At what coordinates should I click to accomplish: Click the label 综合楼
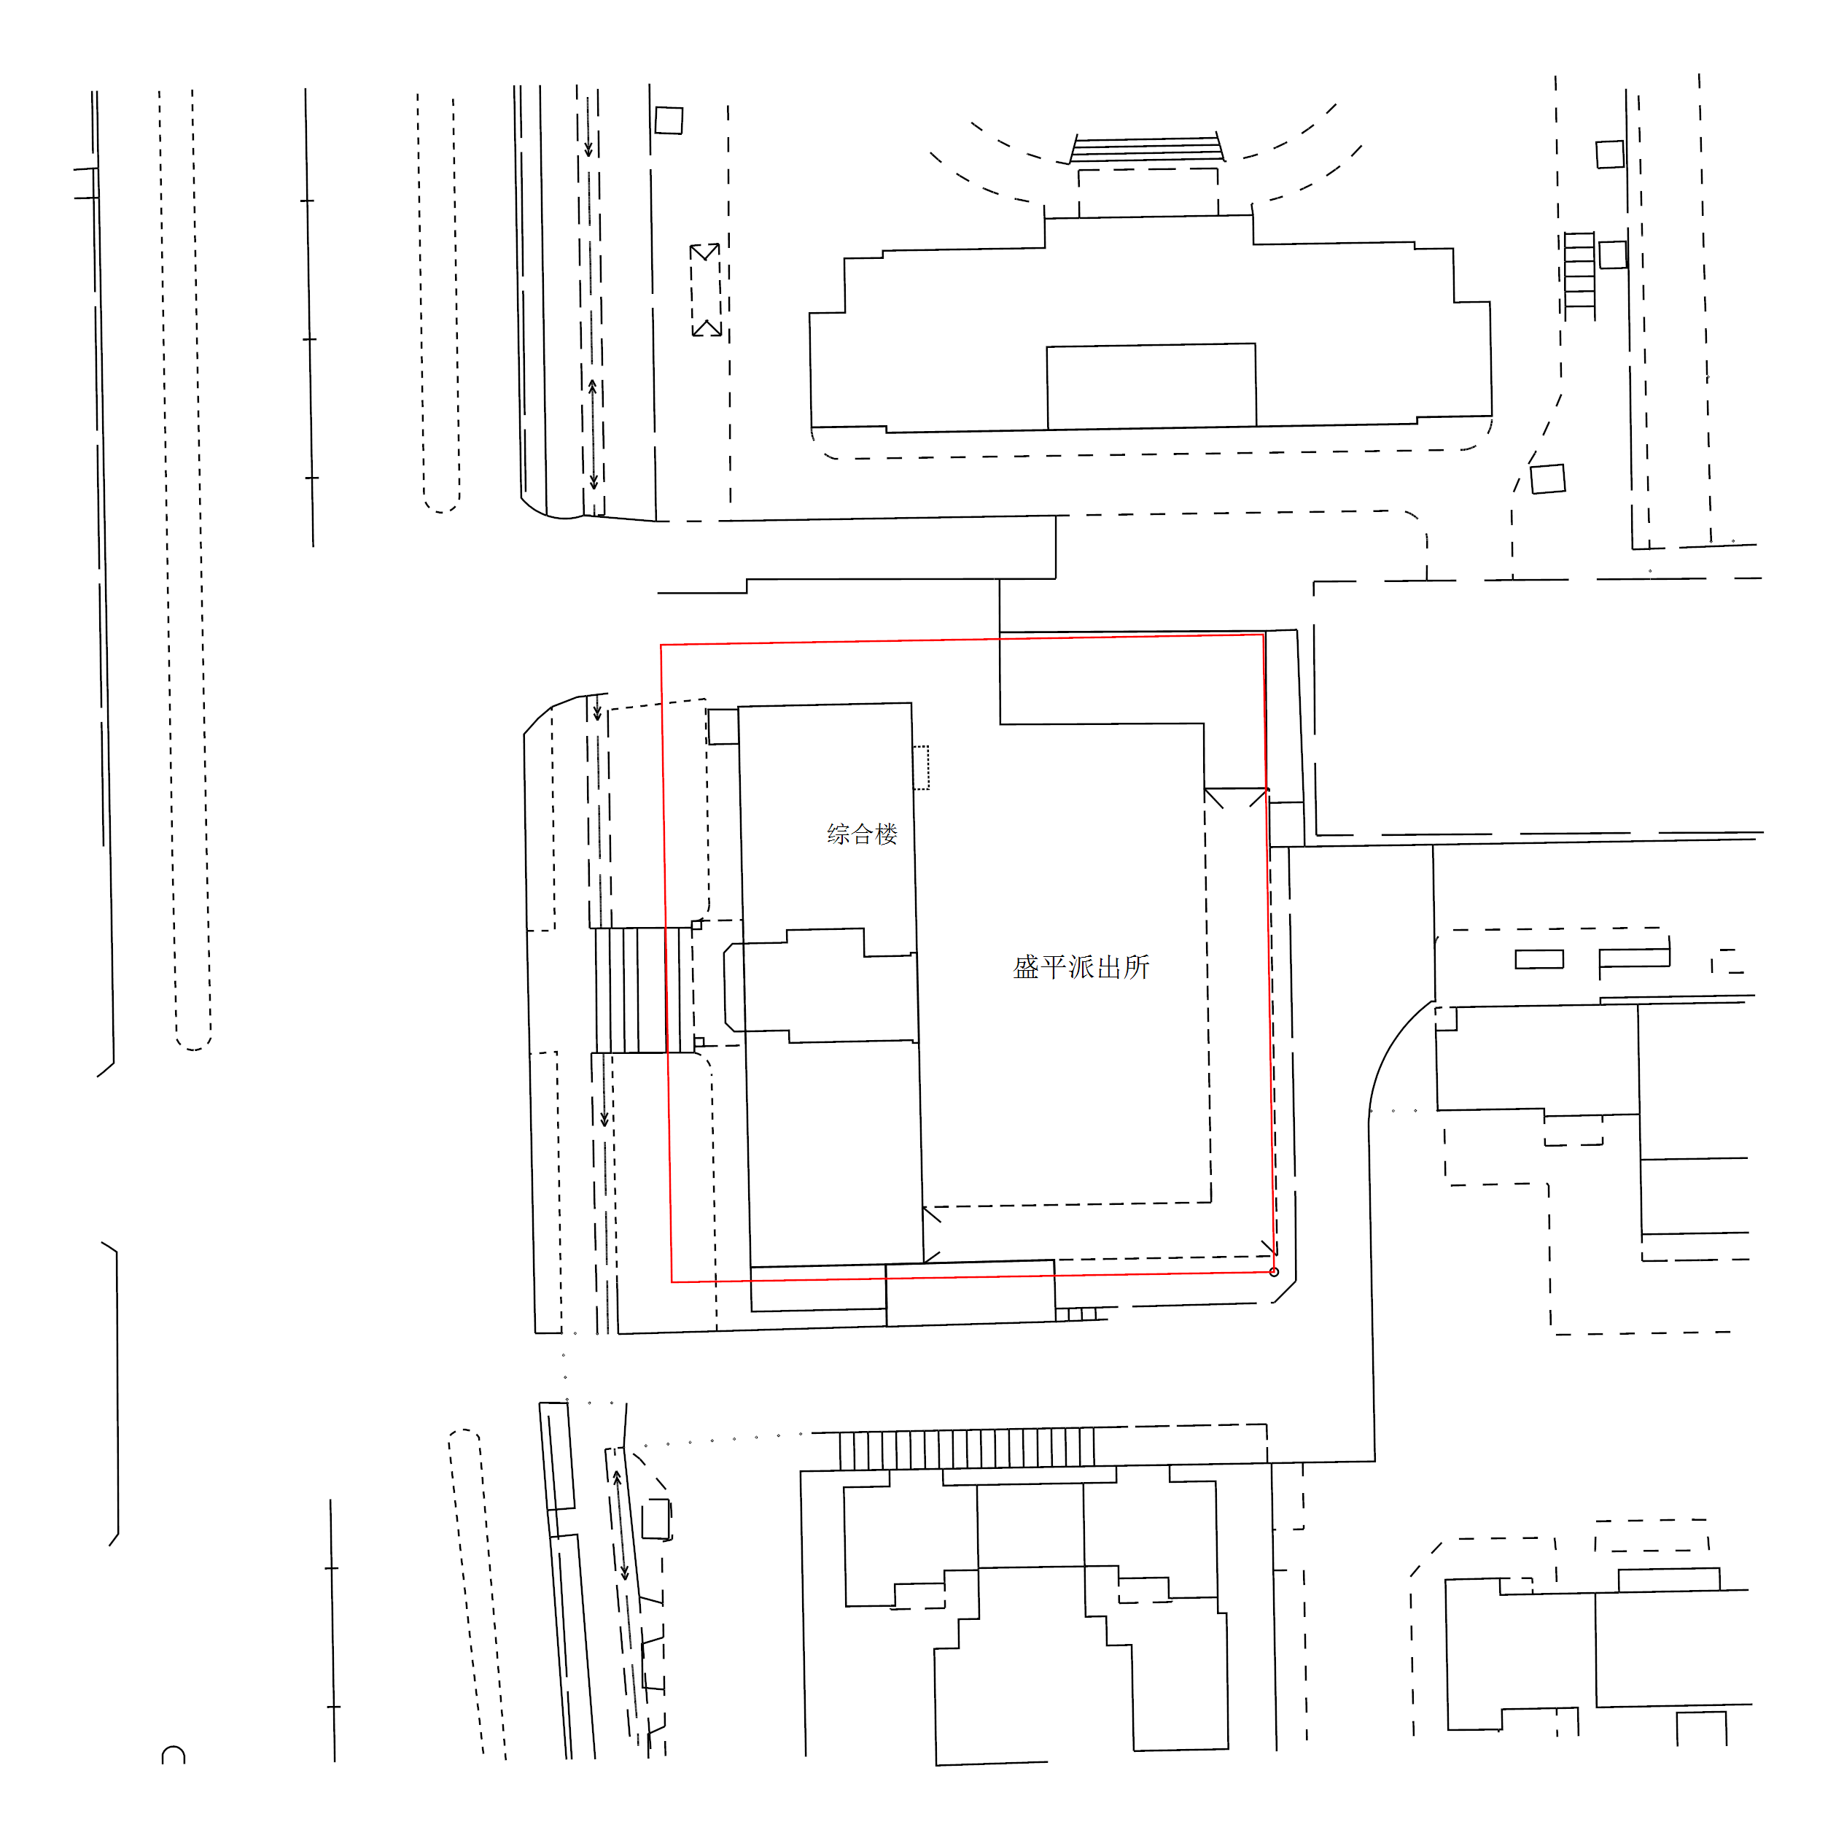[862, 834]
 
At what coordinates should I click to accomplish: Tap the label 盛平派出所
[1081, 968]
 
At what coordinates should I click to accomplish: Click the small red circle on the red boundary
[1274, 1272]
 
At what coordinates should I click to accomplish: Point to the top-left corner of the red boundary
[661, 645]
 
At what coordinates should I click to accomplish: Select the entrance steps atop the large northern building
[1147, 147]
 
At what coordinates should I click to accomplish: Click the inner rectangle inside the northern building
[1151, 387]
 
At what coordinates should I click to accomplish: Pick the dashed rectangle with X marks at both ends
[705, 290]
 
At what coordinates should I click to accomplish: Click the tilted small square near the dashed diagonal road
[1548, 478]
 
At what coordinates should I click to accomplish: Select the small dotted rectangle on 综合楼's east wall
[921, 768]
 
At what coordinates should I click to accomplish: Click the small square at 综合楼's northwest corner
[723, 727]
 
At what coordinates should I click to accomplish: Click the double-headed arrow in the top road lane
[593, 435]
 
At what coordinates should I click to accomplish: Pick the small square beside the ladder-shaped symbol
[1612, 255]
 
